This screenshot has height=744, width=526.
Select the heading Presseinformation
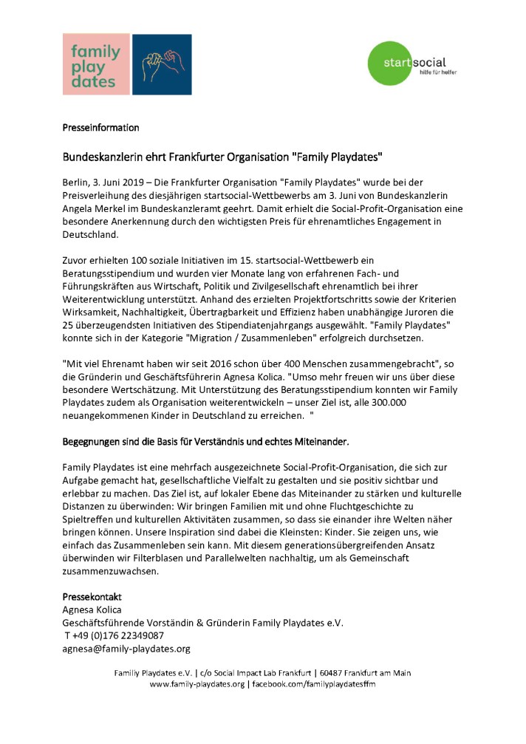pyautogui.click(x=100, y=128)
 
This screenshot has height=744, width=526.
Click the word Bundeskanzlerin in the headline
pyautogui.click(x=100, y=157)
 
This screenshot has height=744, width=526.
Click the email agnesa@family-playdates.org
pyautogui.click(x=127, y=649)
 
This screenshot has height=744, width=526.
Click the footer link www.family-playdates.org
pyautogui.click(x=197, y=685)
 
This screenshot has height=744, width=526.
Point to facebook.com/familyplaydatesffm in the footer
pyautogui.click(x=313, y=685)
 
